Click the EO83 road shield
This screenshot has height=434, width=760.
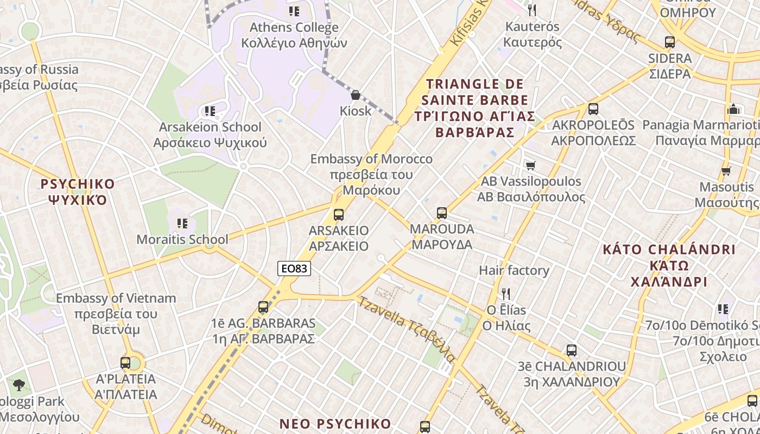pyautogui.click(x=294, y=269)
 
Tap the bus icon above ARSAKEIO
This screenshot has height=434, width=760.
pyautogui.click(x=339, y=214)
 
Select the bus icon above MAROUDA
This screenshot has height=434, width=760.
pyautogui.click(x=442, y=213)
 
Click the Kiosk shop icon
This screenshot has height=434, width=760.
pyautogui.click(x=356, y=95)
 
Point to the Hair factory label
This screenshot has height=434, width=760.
pyautogui.click(x=514, y=270)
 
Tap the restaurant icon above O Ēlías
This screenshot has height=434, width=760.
pyautogui.click(x=506, y=294)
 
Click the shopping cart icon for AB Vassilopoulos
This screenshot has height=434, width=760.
pyautogui.click(x=530, y=165)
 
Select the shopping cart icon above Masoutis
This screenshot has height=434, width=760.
pyautogui.click(x=726, y=171)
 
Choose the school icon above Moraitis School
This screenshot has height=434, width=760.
pyautogui.click(x=182, y=223)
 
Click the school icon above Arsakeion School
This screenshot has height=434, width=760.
pyautogui.click(x=210, y=111)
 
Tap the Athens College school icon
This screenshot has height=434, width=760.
pyautogui.click(x=294, y=11)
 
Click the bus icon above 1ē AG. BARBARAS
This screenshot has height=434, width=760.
pyautogui.click(x=263, y=307)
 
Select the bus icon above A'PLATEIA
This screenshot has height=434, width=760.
pyautogui.click(x=125, y=362)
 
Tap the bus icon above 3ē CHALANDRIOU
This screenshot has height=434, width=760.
pyautogui.click(x=572, y=350)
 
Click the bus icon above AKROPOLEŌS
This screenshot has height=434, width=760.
pyautogui.click(x=593, y=109)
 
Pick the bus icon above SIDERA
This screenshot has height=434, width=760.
pyautogui.click(x=670, y=42)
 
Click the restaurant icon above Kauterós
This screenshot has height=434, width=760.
pyautogui.click(x=532, y=10)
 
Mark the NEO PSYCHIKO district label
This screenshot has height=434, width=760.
pyautogui.click(x=335, y=424)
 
